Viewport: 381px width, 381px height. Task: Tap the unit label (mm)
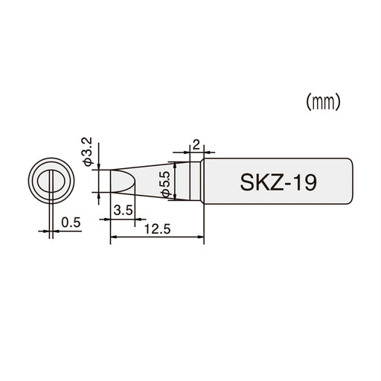pyautogui.click(x=324, y=103)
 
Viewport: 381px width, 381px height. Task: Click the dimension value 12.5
pyautogui.click(x=157, y=230)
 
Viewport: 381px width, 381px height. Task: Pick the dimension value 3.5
pyautogui.click(x=124, y=211)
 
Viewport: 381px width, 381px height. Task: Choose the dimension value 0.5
pyautogui.click(x=71, y=222)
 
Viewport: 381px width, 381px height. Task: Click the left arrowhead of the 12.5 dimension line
pyautogui.click(x=113, y=239)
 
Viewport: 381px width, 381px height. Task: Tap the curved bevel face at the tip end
pyautogui.click(x=123, y=182)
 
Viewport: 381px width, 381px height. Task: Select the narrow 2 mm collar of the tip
pyautogui.click(x=196, y=182)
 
